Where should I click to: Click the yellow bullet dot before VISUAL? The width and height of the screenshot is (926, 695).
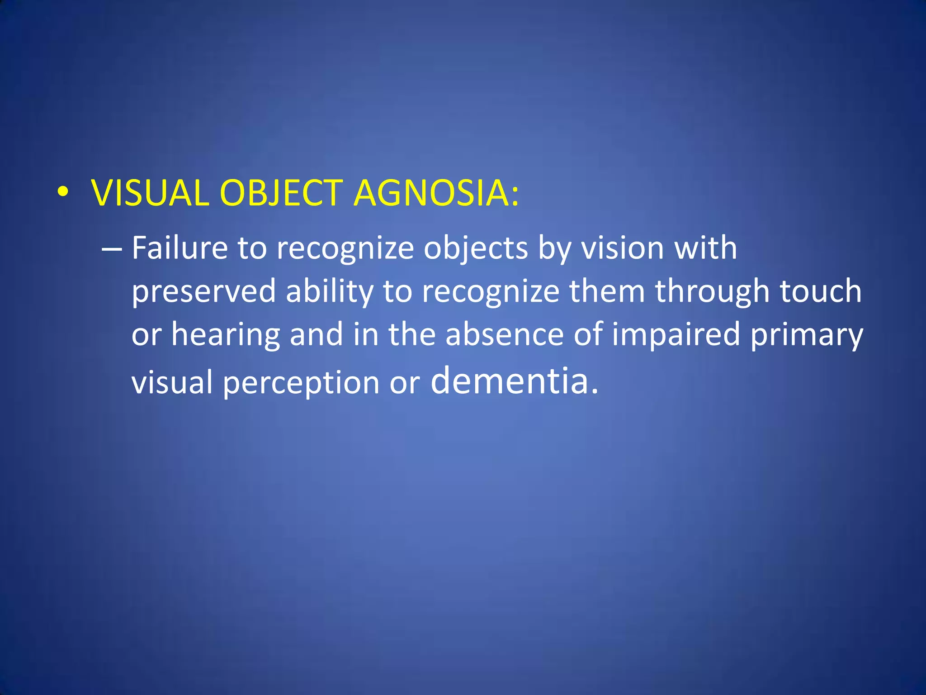[x=63, y=193]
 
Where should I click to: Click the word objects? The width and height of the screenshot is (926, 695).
[x=476, y=249]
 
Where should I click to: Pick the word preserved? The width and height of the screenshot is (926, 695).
[x=203, y=292]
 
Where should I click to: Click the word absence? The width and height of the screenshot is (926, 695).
[x=505, y=334]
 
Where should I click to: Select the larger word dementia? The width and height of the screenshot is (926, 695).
[x=510, y=380]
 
